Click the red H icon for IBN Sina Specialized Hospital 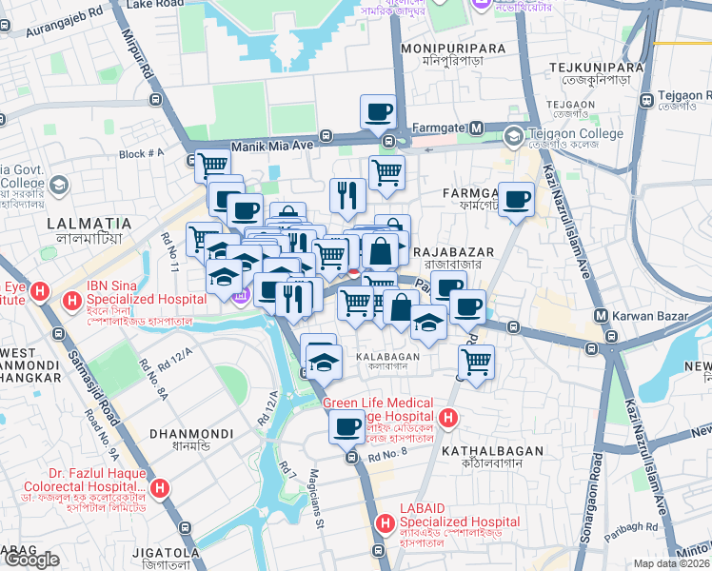point(71,303)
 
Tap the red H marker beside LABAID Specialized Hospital point(386,522)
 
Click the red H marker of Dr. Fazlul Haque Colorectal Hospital point(161,489)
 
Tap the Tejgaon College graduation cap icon point(514,136)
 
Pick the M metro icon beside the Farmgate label point(474,128)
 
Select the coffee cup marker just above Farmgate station point(377,111)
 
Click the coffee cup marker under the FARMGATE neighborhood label point(516,199)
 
